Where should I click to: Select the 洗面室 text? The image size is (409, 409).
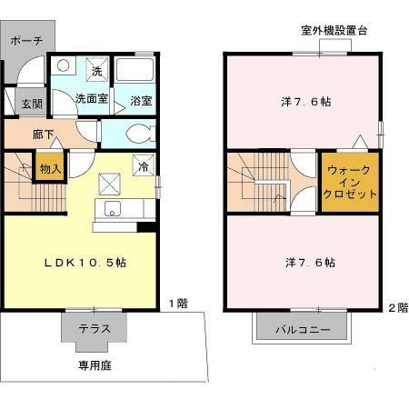[x=91, y=98]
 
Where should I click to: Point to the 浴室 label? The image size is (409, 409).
[x=141, y=99]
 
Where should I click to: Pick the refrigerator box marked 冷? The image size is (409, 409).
[x=143, y=165]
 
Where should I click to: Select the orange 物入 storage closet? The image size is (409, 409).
[x=49, y=169]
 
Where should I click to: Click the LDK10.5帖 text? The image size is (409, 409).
[x=86, y=262]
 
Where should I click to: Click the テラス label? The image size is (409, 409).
[x=95, y=329]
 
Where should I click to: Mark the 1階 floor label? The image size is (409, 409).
[x=178, y=304]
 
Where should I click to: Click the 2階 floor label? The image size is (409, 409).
[x=398, y=307]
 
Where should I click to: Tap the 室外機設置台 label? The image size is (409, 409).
[x=334, y=30]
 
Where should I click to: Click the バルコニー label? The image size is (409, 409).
[x=304, y=329]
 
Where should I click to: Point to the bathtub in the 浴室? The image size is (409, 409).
[x=137, y=73]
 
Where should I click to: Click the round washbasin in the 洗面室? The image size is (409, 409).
[x=62, y=65]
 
